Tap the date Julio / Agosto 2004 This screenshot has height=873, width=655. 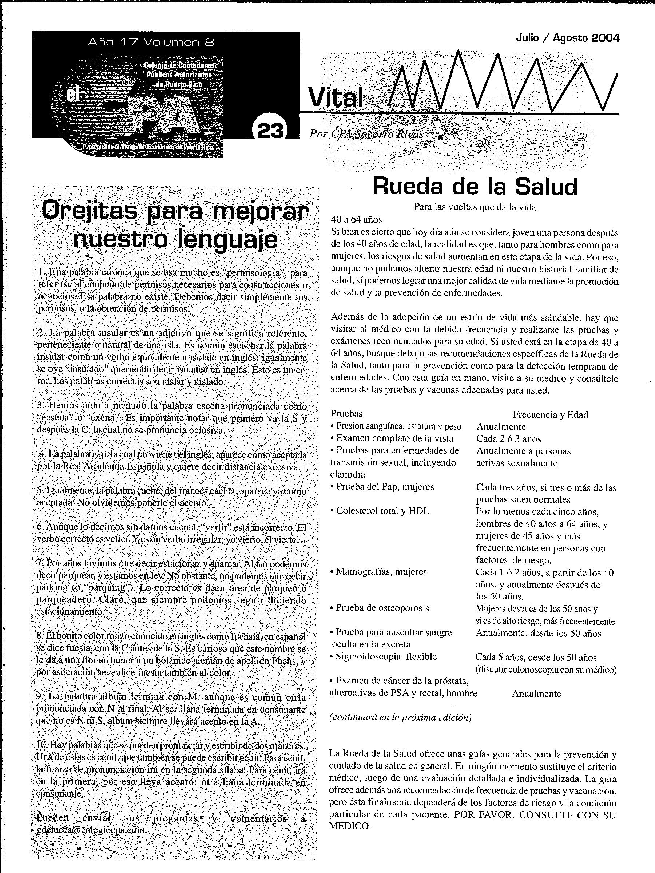click(x=567, y=38)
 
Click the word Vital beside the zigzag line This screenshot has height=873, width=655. click(x=335, y=97)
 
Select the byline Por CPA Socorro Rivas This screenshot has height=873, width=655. click(x=366, y=134)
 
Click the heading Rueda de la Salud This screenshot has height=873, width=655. click(x=475, y=186)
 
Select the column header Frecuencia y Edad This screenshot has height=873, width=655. click(x=550, y=414)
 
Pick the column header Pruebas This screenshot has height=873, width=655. click(x=346, y=414)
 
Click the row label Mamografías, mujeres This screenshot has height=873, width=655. click(x=381, y=571)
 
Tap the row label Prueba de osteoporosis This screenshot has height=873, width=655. click(x=382, y=608)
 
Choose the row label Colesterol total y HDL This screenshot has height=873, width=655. click(x=382, y=511)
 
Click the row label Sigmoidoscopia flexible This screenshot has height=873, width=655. click(x=386, y=657)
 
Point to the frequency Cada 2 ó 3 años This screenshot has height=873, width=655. click(x=508, y=438)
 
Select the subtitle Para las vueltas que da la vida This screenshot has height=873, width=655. click(x=475, y=207)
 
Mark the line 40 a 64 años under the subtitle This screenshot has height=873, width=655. click(x=356, y=219)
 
